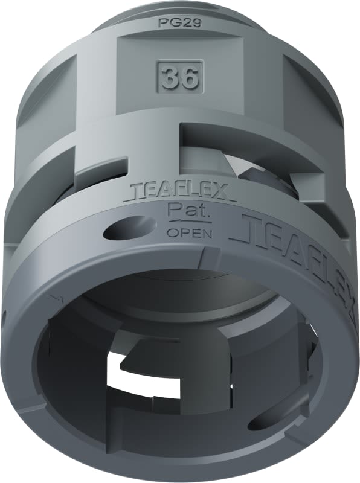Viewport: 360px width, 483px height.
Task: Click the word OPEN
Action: (188, 232)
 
